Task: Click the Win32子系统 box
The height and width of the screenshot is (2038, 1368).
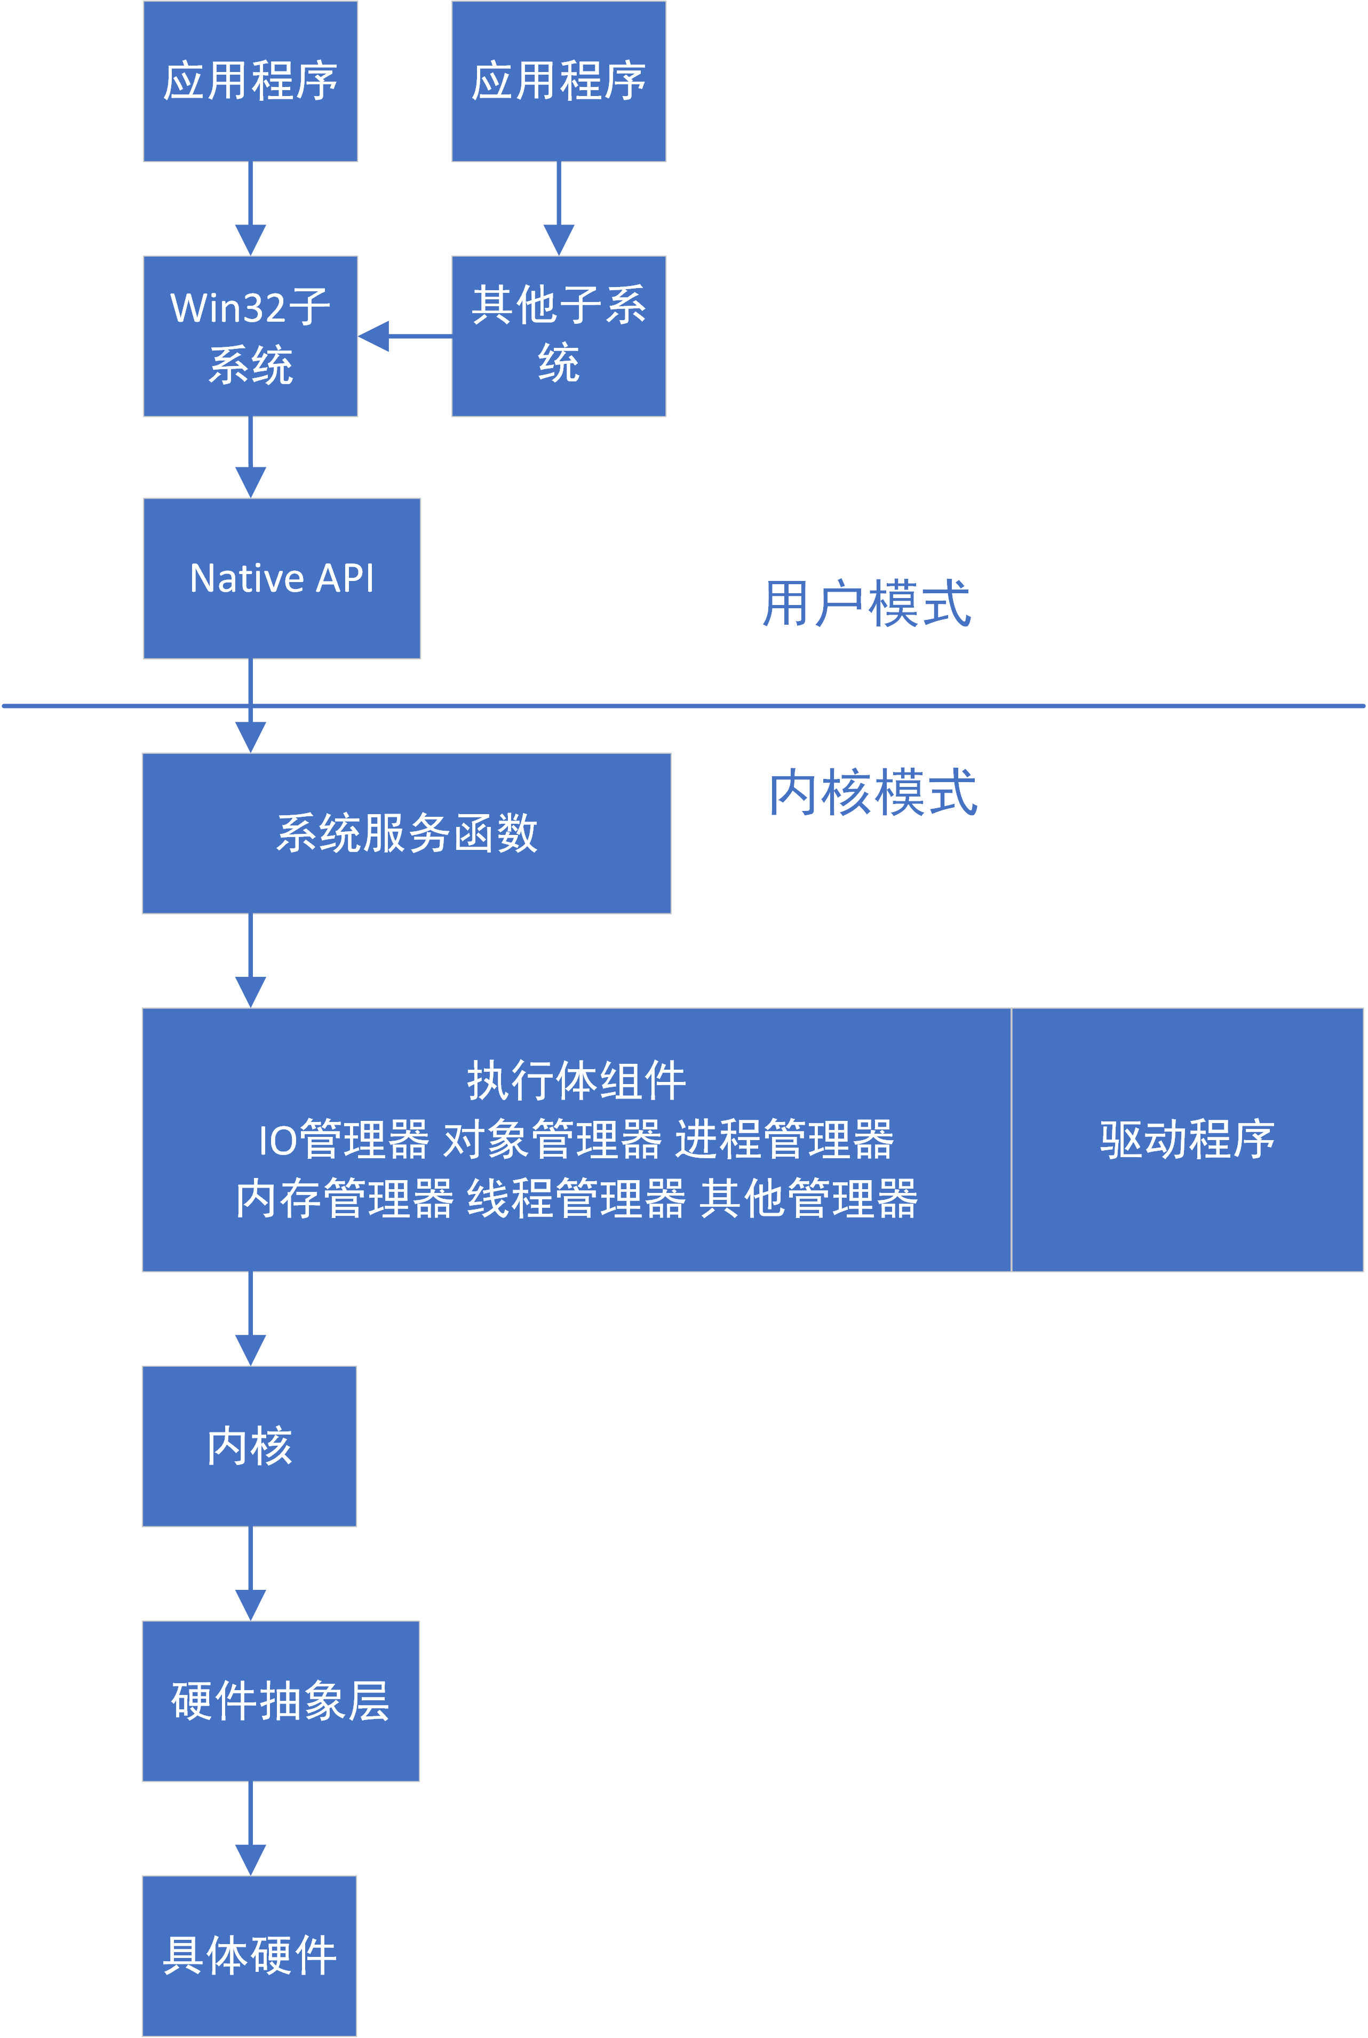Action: pyautogui.click(x=250, y=336)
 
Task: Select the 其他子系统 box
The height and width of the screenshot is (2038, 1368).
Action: pyautogui.click(x=559, y=336)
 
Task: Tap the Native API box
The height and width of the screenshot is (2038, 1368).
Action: pyautogui.click(x=281, y=578)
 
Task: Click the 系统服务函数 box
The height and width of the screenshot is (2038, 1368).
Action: pyautogui.click(x=407, y=833)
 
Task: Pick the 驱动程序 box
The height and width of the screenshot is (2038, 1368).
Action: pyautogui.click(x=1187, y=1140)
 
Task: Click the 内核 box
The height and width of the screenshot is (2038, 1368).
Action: pyautogui.click(x=250, y=1446)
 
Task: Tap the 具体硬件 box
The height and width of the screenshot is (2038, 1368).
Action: pyautogui.click(x=250, y=1955)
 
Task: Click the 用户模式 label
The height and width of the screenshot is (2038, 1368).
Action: pyautogui.click(x=866, y=604)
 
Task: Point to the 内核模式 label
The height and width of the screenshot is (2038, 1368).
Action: pyautogui.click(x=872, y=793)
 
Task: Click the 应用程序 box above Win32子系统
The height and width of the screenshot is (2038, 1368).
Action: pyautogui.click(x=250, y=81)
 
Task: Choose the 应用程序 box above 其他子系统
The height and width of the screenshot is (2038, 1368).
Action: pyautogui.click(x=559, y=81)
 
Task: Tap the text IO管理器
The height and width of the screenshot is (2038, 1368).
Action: pyautogui.click(x=344, y=1140)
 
